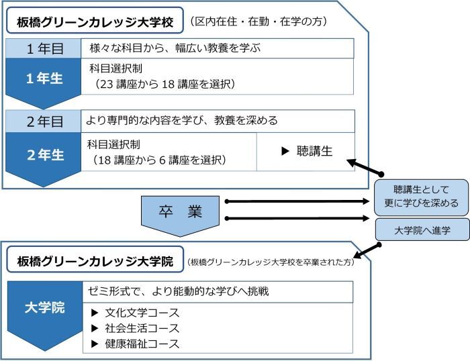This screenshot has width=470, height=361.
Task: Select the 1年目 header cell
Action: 44,48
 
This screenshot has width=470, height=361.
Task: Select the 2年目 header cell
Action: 44,121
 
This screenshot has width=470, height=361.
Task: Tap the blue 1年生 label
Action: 44,79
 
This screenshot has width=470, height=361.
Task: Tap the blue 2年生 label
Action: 44,154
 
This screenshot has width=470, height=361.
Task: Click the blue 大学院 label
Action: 44,309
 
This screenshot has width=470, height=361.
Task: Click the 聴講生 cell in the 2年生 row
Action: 306,152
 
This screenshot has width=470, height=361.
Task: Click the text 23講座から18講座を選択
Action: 165,85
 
